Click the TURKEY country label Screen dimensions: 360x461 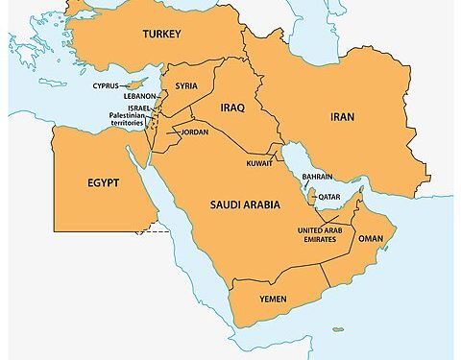pyautogui.click(x=161, y=35)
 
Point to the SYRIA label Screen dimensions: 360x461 pyautogui.click(x=186, y=86)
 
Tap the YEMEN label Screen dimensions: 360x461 pyautogui.click(x=274, y=300)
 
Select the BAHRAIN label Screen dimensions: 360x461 pyautogui.click(x=317, y=177)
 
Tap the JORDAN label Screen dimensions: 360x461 pyautogui.click(x=193, y=132)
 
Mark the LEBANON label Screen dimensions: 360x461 pyautogui.click(x=139, y=96)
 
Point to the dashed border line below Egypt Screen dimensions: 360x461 pyautogui.click(x=152, y=231)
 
